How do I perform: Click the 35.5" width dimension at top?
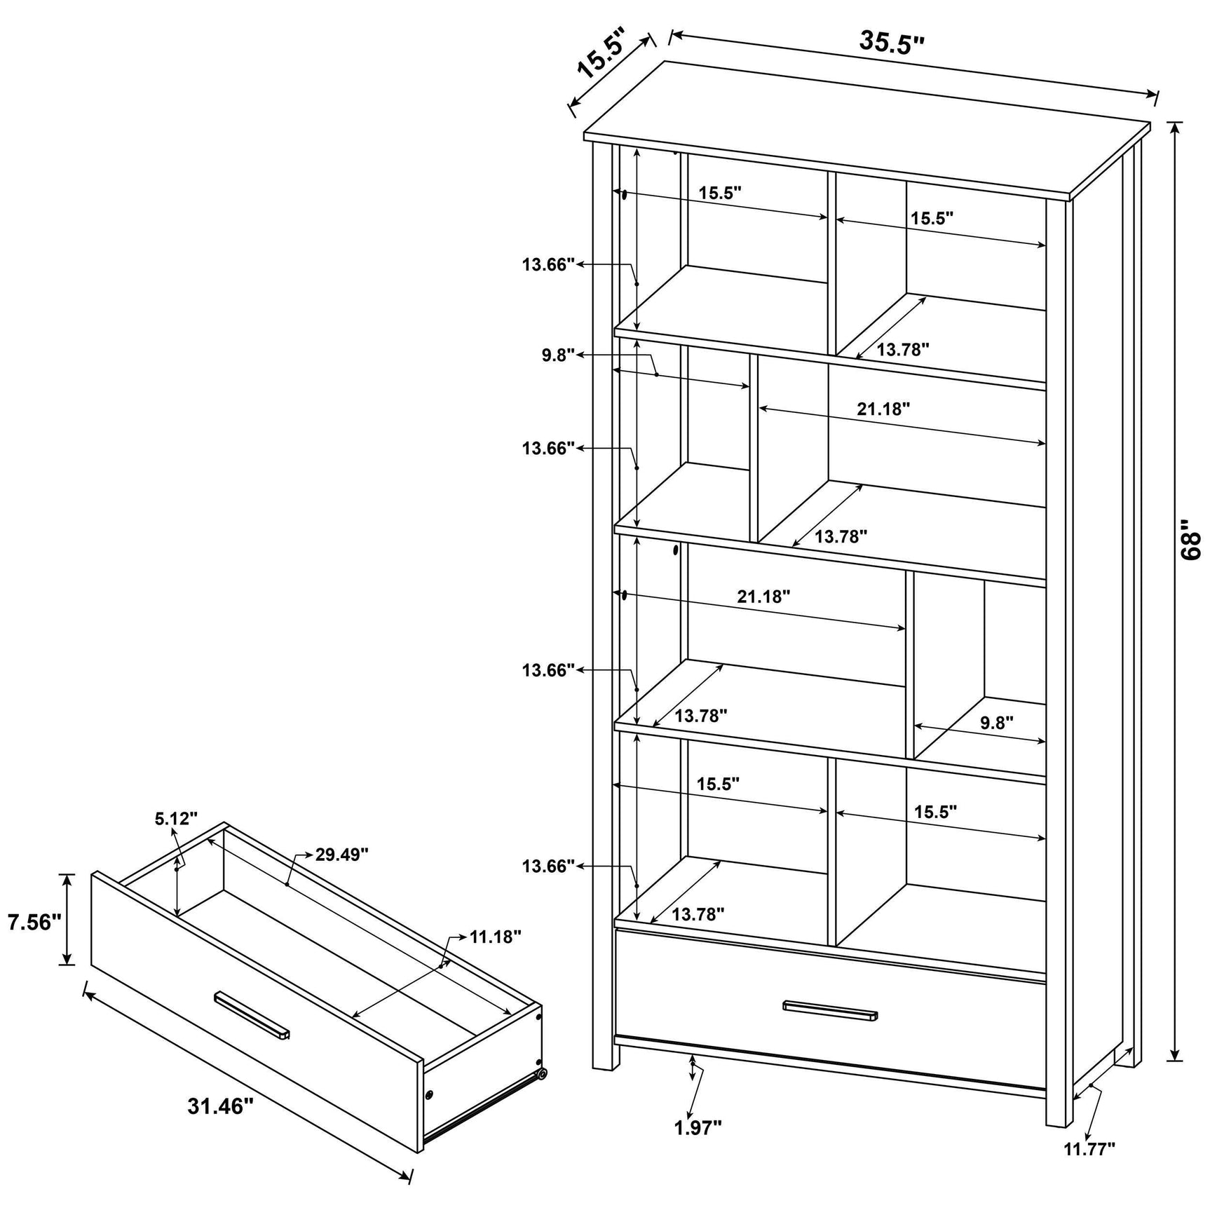click(892, 43)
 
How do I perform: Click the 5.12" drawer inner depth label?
click(176, 817)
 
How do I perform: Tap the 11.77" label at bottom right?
click(1089, 1168)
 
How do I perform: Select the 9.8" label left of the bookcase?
click(558, 355)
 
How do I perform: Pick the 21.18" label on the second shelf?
click(883, 409)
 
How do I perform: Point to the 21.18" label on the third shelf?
click(763, 597)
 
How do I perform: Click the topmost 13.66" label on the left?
click(548, 264)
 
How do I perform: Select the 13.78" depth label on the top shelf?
click(903, 349)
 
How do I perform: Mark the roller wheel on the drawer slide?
click(541, 1094)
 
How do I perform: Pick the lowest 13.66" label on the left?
click(548, 866)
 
